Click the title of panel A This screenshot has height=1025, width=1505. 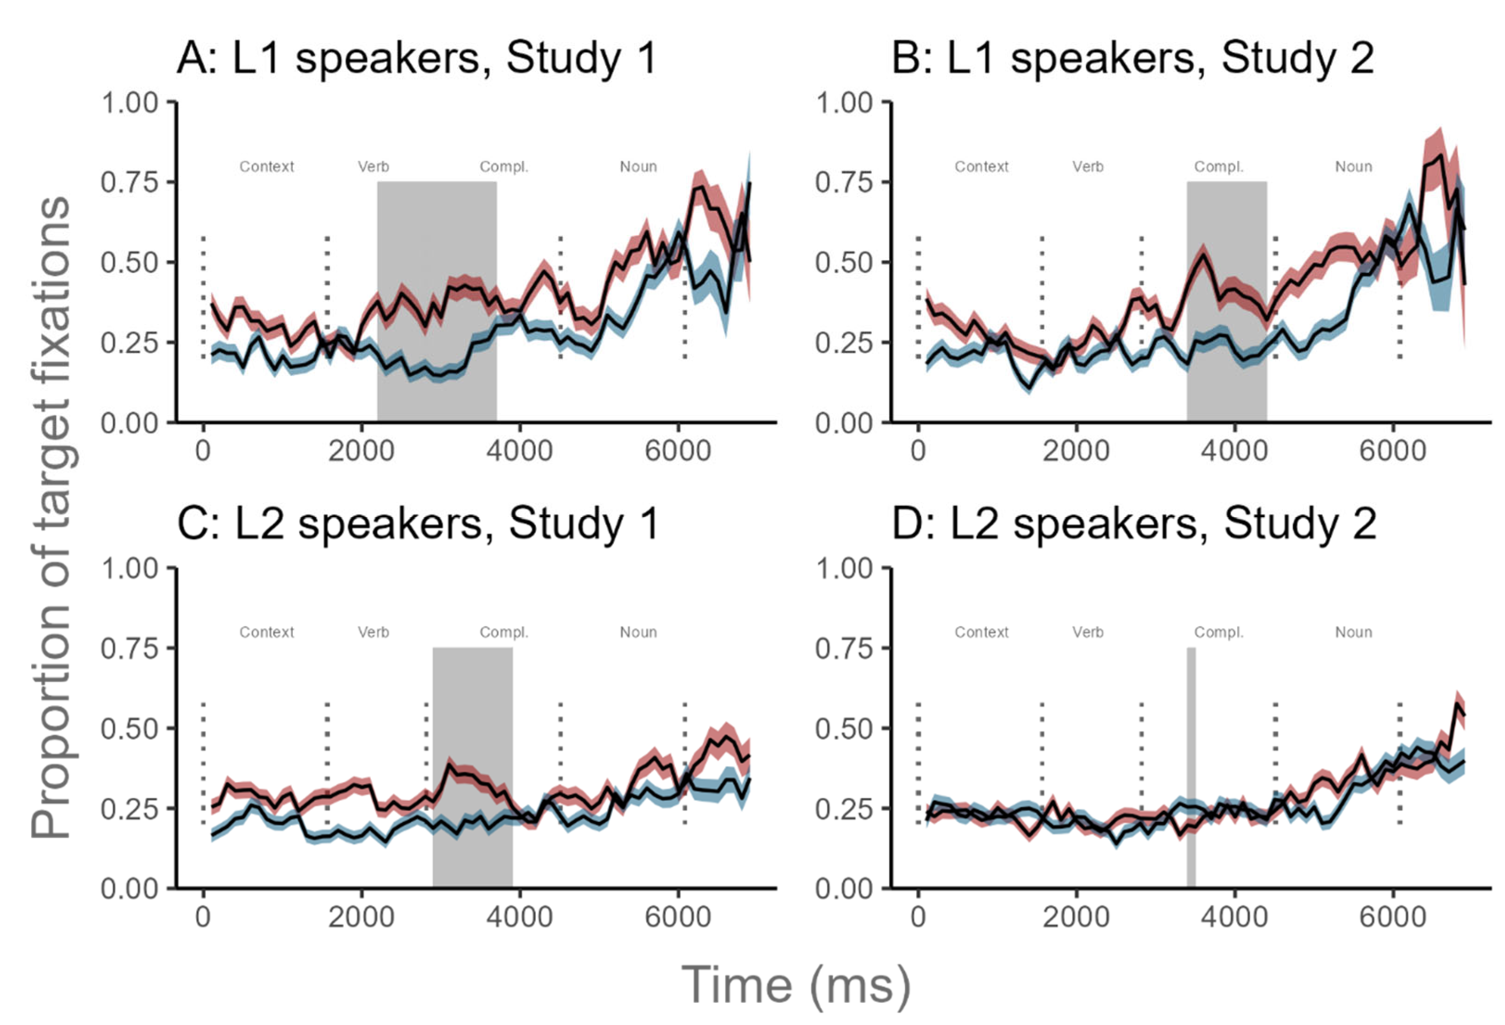click(417, 59)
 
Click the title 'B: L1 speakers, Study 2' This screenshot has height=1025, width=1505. click(1132, 59)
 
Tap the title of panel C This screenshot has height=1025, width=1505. click(418, 524)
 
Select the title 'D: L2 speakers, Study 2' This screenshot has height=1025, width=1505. click(1133, 524)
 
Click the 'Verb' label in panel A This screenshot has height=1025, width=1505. click(374, 167)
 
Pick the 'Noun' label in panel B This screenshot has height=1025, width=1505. click(1354, 167)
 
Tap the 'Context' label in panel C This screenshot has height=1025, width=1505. click(267, 632)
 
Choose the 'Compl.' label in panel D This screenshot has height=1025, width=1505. click(1219, 632)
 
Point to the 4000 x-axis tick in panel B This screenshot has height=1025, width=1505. click(1234, 451)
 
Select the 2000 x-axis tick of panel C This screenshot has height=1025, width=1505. click(361, 917)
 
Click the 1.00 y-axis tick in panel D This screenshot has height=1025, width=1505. click(844, 569)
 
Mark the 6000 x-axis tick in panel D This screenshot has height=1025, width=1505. click(1392, 917)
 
